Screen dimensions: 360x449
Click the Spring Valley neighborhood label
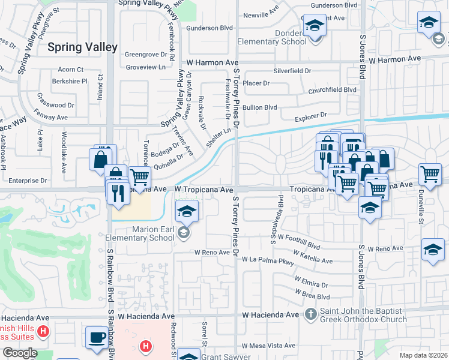[80, 46]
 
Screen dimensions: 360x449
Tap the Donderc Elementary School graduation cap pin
[313, 26]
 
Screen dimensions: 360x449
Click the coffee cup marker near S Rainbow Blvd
[96, 338]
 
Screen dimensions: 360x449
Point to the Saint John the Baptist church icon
[310, 314]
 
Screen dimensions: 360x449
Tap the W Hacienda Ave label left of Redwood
[146, 316]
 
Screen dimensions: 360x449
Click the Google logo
[20, 353]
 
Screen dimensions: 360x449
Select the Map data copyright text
[423, 355]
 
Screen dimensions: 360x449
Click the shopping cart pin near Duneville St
[430, 175]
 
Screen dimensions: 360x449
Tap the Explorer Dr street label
[310, 114]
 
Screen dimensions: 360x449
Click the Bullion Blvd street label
[259, 107]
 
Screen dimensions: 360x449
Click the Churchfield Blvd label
[332, 91]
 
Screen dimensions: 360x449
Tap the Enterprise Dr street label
[27, 180]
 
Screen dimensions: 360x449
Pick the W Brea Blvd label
[312, 296]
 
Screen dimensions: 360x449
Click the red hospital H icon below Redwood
[145, 346]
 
